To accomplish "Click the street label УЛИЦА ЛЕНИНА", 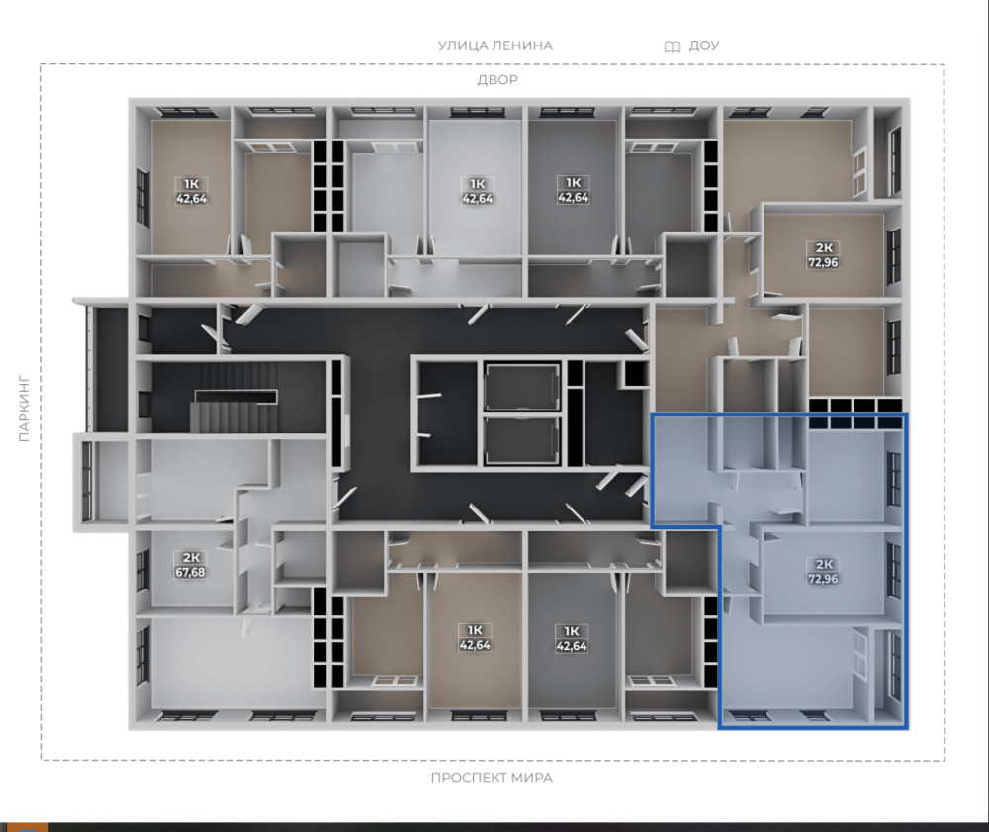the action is pyautogui.click(x=495, y=46).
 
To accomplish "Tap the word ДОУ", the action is pyautogui.click(x=704, y=46).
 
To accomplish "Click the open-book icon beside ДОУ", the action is pyautogui.click(x=673, y=46).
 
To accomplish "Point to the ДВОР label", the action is pyautogui.click(x=497, y=80).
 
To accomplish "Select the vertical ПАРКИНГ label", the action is pyautogui.click(x=24, y=409).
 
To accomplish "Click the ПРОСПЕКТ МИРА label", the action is pyautogui.click(x=492, y=778).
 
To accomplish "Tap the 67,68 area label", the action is pyautogui.click(x=190, y=572).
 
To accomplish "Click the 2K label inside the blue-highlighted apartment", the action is pyautogui.click(x=824, y=564).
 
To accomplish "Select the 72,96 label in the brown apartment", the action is pyautogui.click(x=823, y=262).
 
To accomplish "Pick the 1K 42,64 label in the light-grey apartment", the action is pyautogui.click(x=477, y=191).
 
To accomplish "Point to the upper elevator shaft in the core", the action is pyautogui.click(x=521, y=387).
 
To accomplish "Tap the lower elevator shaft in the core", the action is pyautogui.click(x=521, y=440).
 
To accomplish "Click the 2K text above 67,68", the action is pyautogui.click(x=191, y=558).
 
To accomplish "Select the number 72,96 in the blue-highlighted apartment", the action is pyautogui.click(x=823, y=579).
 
